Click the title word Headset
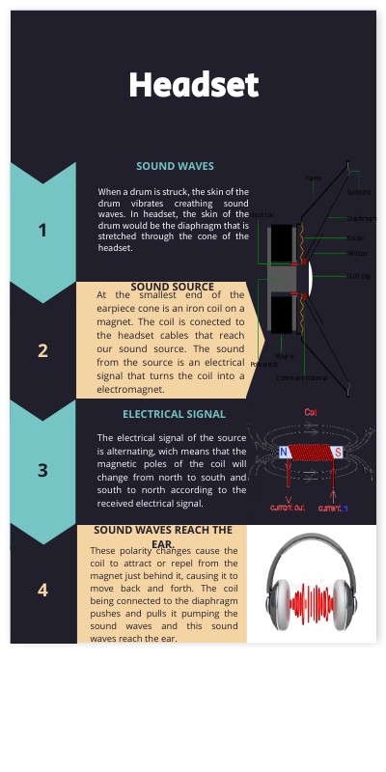pyautogui.click(x=194, y=85)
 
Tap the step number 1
pyautogui.click(x=42, y=230)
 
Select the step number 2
pyautogui.click(x=42, y=350)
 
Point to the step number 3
pyautogui.click(x=42, y=471)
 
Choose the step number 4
pyautogui.click(x=42, y=590)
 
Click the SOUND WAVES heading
pyautogui.click(x=175, y=167)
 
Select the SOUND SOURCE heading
pyautogui.click(x=172, y=287)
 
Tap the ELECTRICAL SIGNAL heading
pyautogui.click(x=174, y=414)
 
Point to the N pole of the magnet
pyautogui.click(x=285, y=452)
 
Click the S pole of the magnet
pyautogui.click(x=337, y=452)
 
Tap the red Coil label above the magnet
pyautogui.click(x=311, y=412)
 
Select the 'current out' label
pyautogui.click(x=288, y=507)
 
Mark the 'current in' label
pyautogui.click(x=333, y=507)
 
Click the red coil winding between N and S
pyautogui.click(x=311, y=452)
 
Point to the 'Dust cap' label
pyautogui.click(x=356, y=276)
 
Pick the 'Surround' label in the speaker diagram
pyautogui.click(x=358, y=192)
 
